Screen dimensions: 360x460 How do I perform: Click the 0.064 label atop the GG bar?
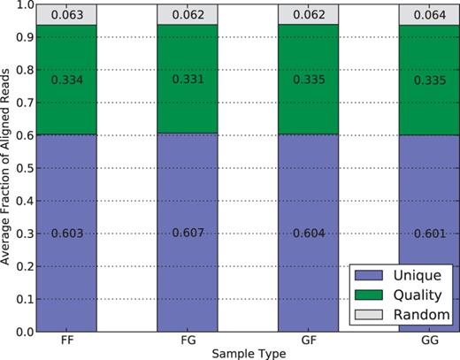pos(426,14)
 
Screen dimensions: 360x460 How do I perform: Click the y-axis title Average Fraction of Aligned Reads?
pos(8,168)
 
